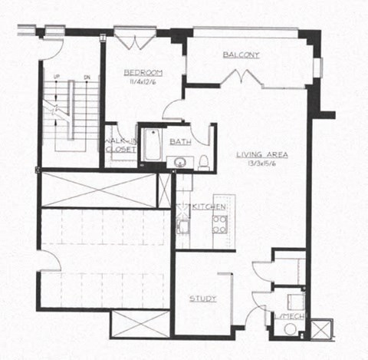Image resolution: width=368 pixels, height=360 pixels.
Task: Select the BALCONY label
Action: click(x=242, y=54)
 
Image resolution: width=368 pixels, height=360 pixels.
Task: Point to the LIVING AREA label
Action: click(x=262, y=154)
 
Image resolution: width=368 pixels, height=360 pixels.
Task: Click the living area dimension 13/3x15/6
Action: click(x=262, y=163)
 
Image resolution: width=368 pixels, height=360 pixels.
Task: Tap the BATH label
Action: click(x=181, y=141)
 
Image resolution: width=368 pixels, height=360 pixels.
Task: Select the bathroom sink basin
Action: click(x=181, y=162)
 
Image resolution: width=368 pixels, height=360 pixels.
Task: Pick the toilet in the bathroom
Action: click(x=204, y=160)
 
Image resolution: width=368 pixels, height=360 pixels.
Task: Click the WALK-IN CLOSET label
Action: click(x=120, y=145)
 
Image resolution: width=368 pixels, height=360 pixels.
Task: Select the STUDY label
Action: click(x=202, y=299)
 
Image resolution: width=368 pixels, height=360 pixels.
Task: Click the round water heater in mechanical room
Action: click(x=291, y=328)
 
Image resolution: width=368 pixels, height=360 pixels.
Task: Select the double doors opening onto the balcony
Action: click(x=243, y=76)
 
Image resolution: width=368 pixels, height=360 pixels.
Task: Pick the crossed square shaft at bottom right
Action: click(x=320, y=328)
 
